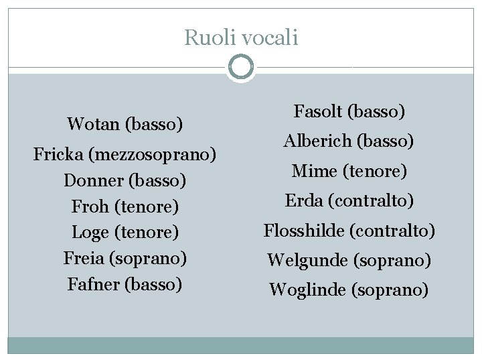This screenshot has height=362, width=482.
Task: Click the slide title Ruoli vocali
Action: pos(241,38)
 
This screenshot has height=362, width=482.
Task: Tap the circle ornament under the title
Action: pos(241,68)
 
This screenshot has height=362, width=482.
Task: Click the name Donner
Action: pos(92,181)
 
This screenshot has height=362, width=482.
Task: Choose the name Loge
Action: pos(90,233)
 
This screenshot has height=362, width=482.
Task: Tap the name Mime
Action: pos(314,172)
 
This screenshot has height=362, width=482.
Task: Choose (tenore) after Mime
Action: pos(375,172)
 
